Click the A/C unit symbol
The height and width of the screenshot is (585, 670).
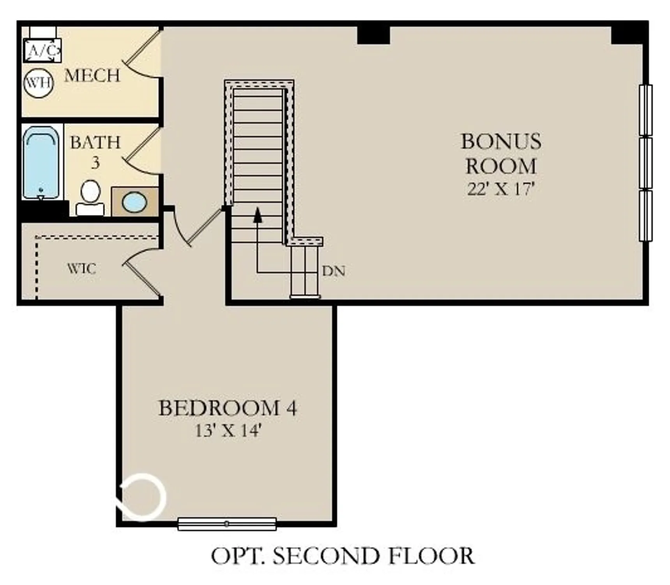tap(42, 50)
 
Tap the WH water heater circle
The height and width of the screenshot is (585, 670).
tap(38, 83)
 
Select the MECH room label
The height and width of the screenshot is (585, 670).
tap(92, 76)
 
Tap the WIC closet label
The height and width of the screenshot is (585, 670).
tap(81, 269)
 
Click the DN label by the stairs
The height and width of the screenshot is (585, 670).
tap(334, 271)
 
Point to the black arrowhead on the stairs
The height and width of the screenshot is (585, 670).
tap(257, 215)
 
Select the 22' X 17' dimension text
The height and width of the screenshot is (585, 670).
tap(500, 190)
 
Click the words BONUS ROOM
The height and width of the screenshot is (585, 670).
tap(501, 154)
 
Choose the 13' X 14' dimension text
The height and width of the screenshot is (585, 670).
tap(228, 431)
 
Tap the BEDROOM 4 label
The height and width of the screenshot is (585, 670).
tap(228, 408)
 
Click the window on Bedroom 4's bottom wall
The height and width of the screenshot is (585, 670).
tap(227, 524)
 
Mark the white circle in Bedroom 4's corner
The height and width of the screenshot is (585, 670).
tap(143, 497)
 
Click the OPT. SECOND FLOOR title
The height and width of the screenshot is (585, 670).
tap(343, 556)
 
